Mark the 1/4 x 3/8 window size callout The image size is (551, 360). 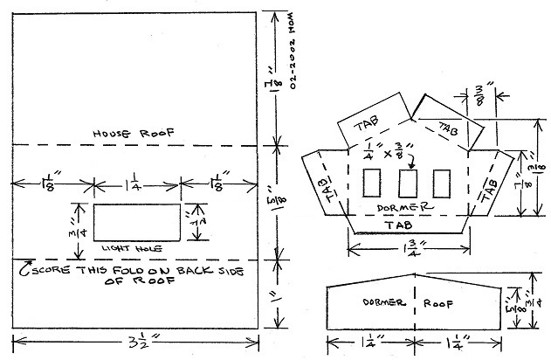coord(391,151)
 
